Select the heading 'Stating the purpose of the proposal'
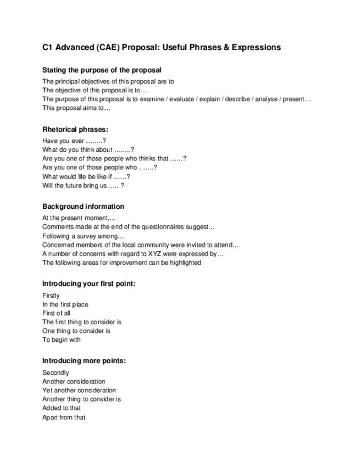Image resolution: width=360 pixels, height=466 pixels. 102,70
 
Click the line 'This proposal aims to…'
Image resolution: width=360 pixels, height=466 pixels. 76,108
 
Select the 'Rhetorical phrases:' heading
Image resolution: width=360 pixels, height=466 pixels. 75,129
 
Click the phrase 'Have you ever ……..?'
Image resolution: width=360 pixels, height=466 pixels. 74,141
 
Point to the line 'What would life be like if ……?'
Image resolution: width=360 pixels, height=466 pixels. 86,177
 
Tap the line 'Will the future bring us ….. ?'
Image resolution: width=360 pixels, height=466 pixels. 83,186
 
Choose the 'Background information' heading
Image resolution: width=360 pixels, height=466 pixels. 83,207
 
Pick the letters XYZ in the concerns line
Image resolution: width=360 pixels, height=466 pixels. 137,254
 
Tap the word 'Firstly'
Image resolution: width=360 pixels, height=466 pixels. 51,296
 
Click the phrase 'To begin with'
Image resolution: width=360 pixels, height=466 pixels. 62,340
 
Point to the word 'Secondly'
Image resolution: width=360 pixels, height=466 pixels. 56,373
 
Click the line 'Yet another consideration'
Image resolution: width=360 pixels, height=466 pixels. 79,390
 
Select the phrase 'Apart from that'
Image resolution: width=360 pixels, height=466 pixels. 64,417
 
